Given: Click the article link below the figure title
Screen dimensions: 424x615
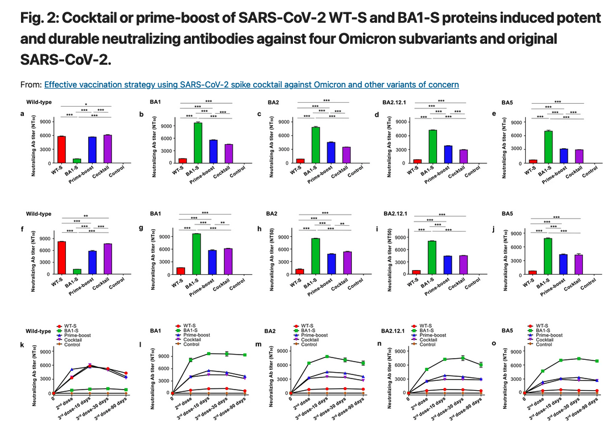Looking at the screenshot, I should click(251, 85).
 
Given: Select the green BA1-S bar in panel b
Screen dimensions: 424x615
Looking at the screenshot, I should click(198, 141).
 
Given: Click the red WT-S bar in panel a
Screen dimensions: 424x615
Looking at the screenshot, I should click(61, 149).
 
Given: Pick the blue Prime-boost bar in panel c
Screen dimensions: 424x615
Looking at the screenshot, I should click(330, 152).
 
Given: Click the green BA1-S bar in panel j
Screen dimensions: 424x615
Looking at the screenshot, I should click(548, 255).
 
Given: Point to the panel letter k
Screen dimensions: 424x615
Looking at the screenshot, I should click(22, 345).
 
